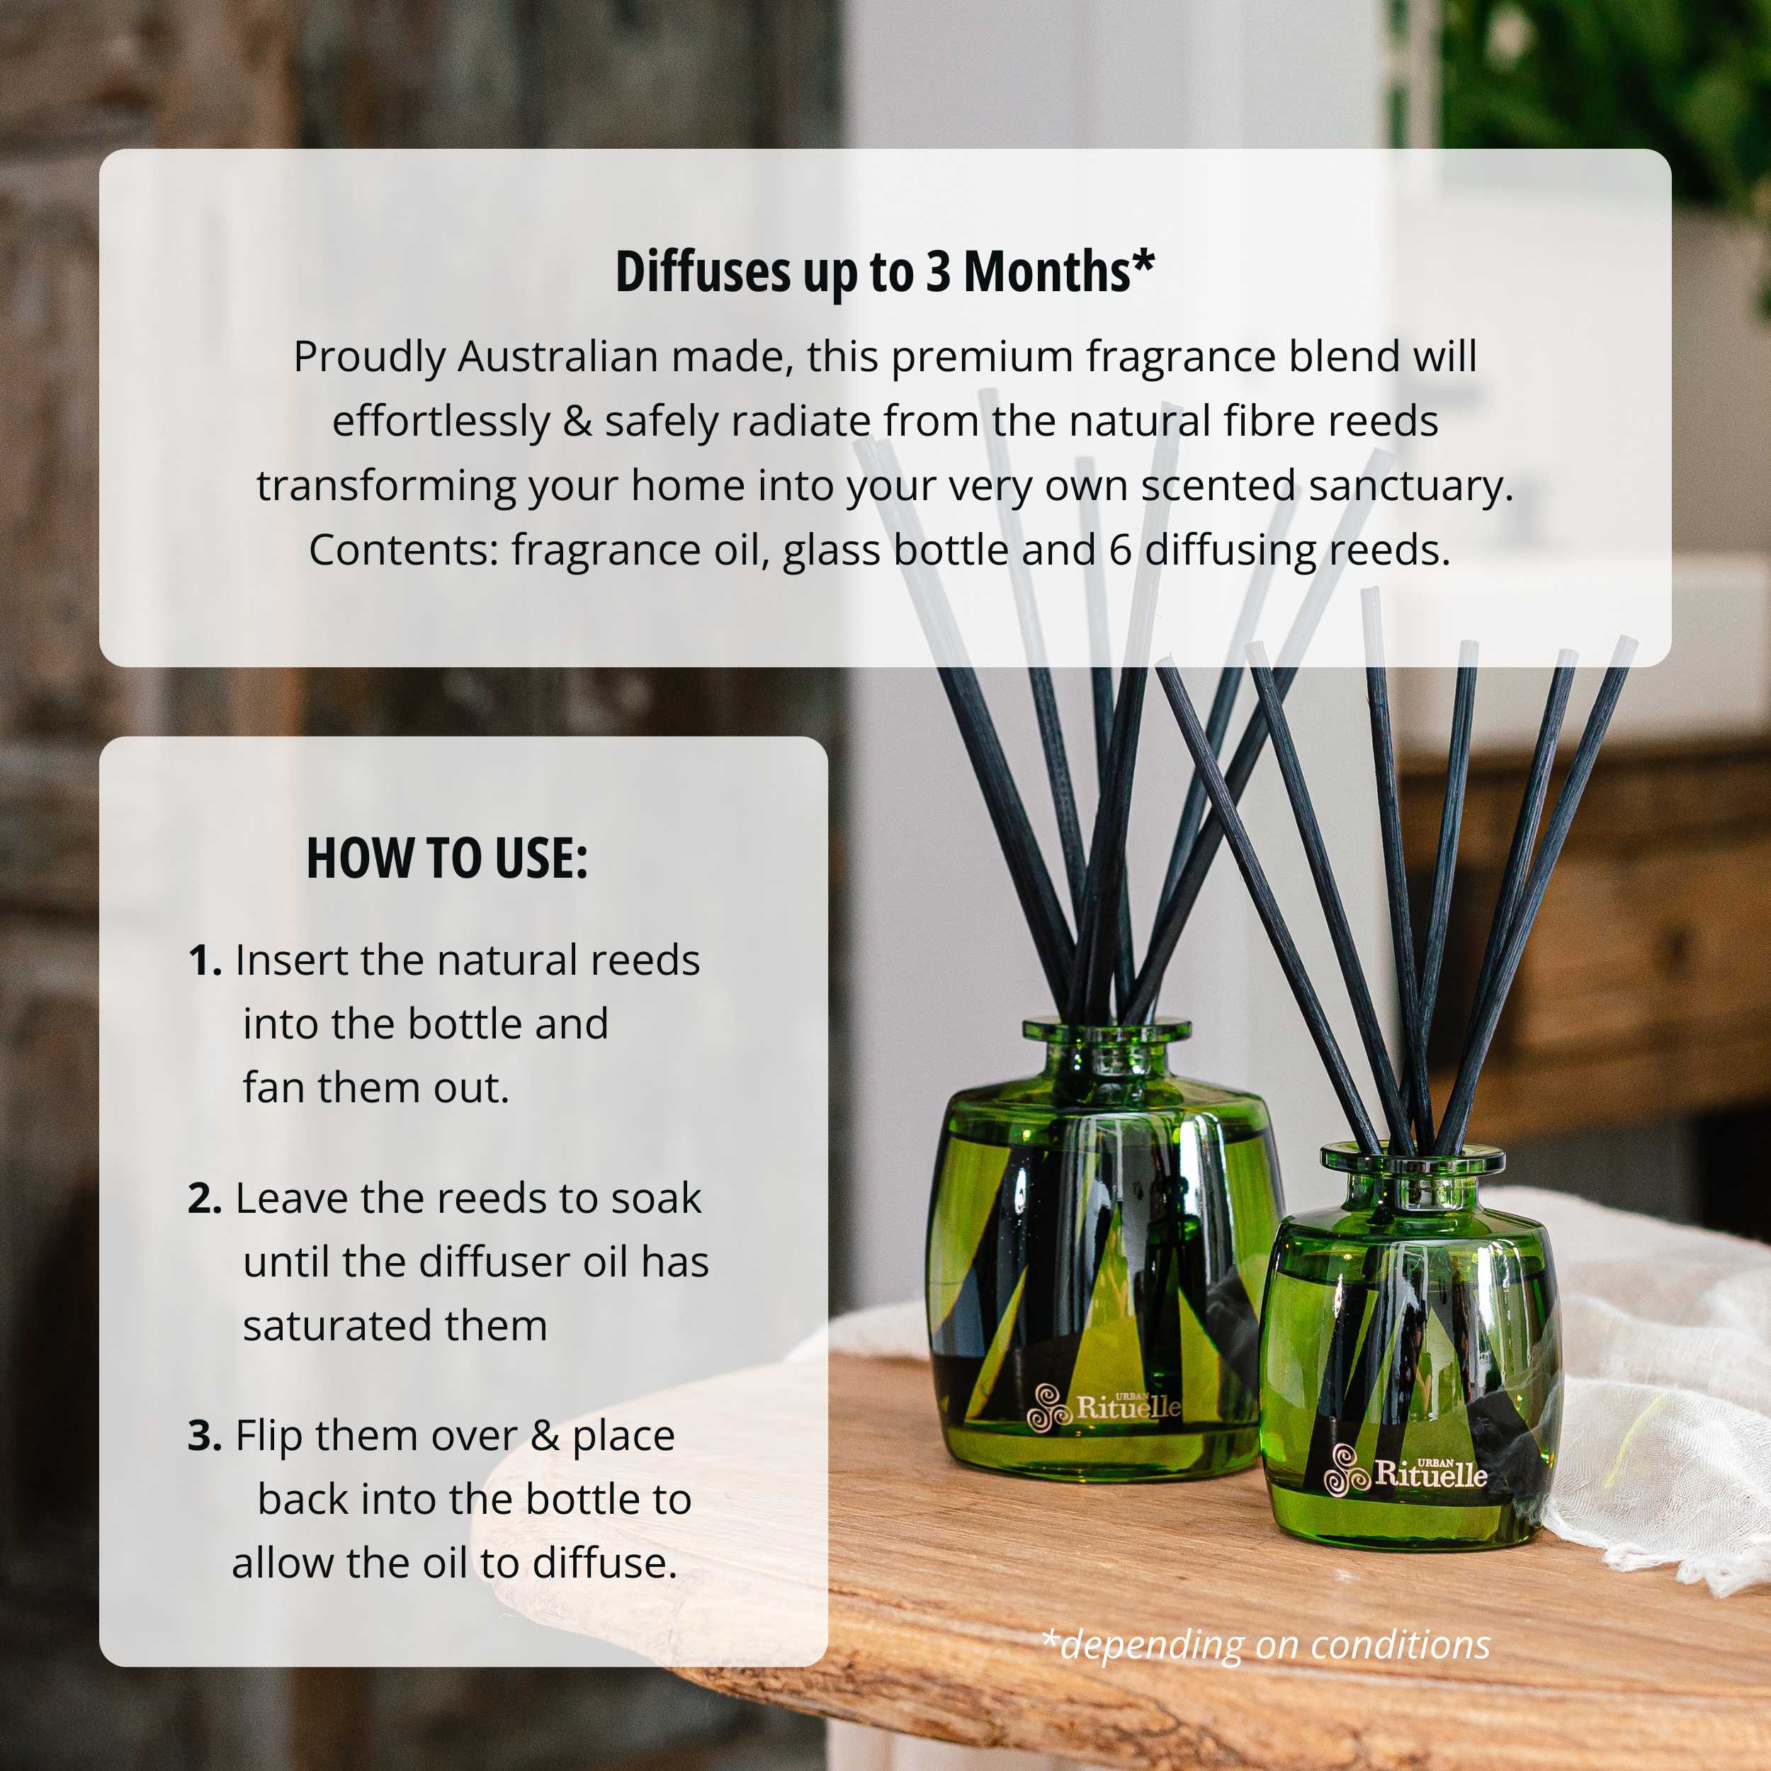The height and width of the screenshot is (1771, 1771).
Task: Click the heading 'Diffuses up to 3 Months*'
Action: [x=885, y=272]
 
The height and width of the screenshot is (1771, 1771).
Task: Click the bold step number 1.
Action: [x=205, y=961]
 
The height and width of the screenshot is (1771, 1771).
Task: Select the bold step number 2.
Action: [x=205, y=1199]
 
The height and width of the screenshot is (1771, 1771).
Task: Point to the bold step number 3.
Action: [x=205, y=1437]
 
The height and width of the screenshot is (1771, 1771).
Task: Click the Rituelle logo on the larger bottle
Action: [x=1103, y=1407]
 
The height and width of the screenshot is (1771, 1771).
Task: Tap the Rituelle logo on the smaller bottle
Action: [x=1406, y=1471]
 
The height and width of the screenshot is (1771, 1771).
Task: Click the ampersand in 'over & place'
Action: [x=545, y=1437]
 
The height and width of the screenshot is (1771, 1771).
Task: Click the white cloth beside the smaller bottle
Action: [x=1650, y=1393]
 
